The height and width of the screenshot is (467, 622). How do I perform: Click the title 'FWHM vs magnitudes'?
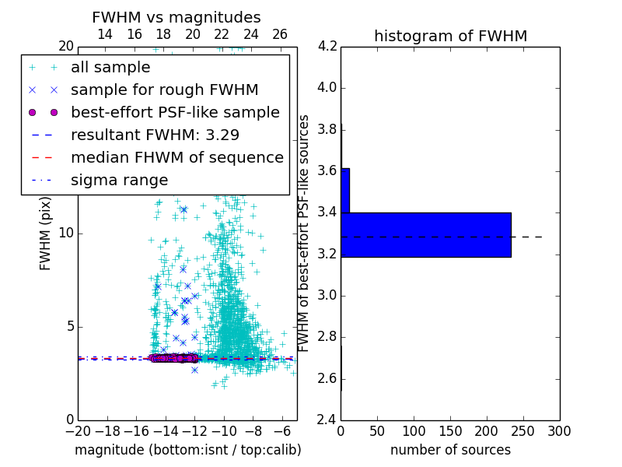(176, 17)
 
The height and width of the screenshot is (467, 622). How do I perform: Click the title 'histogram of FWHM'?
(450, 36)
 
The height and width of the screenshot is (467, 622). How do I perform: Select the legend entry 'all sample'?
(110, 68)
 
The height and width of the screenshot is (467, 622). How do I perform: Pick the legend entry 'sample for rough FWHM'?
(164, 90)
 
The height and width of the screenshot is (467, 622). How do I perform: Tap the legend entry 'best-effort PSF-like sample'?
(175, 112)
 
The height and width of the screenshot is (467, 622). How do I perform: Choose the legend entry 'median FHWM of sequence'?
(176, 157)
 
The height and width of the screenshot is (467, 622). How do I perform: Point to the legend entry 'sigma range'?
(119, 180)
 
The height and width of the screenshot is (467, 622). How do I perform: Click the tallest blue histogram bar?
(426, 234)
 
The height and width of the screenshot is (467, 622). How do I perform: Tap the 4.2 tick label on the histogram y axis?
(327, 46)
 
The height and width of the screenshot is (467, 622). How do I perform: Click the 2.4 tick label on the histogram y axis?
(327, 420)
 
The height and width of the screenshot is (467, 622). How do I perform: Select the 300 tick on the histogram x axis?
(559, 431)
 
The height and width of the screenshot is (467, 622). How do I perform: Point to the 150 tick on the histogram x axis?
(450, 431)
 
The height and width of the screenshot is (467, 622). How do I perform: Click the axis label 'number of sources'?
(450, 450)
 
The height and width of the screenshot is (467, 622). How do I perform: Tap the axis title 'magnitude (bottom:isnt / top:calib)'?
(187, 450)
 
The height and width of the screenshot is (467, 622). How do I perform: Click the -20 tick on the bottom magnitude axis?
(78, 431)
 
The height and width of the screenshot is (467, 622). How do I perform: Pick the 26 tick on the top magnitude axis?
(280, 34)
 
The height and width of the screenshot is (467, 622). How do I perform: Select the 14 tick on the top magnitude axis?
(105, 34)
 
